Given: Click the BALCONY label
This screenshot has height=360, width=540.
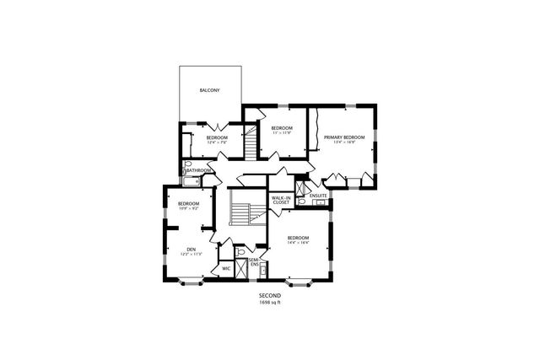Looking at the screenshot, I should tap(209, 90).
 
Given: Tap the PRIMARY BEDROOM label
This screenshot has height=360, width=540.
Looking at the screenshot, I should tap(348, 137).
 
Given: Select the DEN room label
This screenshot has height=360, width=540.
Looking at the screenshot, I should tap(192, 249).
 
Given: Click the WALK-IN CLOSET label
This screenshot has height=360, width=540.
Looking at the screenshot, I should tap(280, 200).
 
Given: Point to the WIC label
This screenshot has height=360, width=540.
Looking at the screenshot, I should tap(225, 269).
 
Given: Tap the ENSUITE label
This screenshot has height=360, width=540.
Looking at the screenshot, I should tap(318, 196).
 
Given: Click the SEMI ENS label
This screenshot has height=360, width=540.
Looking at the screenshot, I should tap(254, 262).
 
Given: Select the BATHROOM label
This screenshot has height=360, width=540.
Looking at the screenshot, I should tap(199, 170).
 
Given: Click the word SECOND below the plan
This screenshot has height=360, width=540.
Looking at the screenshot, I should tap(269, 296).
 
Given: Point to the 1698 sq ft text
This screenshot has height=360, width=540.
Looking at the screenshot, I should tap(269, 302).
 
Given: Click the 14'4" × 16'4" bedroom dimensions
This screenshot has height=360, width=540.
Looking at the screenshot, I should tap(298, 243).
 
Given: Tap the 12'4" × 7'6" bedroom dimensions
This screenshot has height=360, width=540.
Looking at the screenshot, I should tap(217, 142).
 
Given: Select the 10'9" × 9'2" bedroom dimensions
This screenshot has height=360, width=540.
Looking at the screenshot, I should tap(187, 209).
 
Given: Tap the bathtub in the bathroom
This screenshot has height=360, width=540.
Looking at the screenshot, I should tap(191, 180).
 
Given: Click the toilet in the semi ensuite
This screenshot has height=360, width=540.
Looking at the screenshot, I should tap(240, 251).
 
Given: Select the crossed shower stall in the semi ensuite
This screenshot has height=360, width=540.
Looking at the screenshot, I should tap(242, 269).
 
